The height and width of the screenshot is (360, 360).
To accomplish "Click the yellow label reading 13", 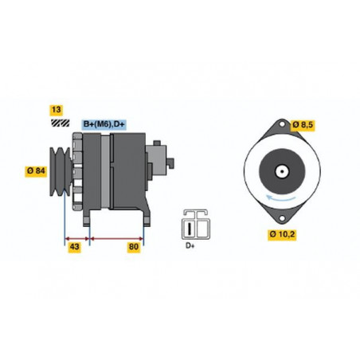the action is click(x=57, y=110).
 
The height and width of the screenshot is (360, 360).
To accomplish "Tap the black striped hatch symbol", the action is click(x=61, y=123).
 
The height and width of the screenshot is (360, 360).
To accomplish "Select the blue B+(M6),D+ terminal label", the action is click(x=104, y=124).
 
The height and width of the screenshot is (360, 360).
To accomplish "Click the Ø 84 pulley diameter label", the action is click(x=36, y=171).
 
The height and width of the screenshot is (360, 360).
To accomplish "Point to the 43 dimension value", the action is click(x=74, y=247).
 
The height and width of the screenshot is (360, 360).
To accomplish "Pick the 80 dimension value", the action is click(x=134, y=247).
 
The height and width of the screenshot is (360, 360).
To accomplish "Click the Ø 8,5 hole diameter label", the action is click(x=303, y=125).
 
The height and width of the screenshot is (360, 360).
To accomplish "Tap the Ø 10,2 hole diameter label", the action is click(x=282, y=234).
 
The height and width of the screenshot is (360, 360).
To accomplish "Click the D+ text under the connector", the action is click(x=190, y=245).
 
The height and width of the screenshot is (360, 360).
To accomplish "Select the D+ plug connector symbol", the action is click(x=196, y=225).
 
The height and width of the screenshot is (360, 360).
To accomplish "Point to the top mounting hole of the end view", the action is click(x=282, y=124).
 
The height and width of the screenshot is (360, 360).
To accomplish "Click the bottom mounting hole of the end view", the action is click(x=282, y=218).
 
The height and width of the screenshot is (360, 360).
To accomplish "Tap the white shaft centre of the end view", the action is click(x=282, y=171).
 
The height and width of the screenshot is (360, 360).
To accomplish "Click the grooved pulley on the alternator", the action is click(x=61, y=171).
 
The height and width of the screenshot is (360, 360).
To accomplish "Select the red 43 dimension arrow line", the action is click(x=77, y=238).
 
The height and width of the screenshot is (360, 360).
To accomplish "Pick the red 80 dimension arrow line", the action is click(x=116, y=238).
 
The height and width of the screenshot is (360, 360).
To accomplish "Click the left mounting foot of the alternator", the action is click(x=87, y=217).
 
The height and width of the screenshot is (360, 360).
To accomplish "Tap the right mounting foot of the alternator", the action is click(x=147, y=218).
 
